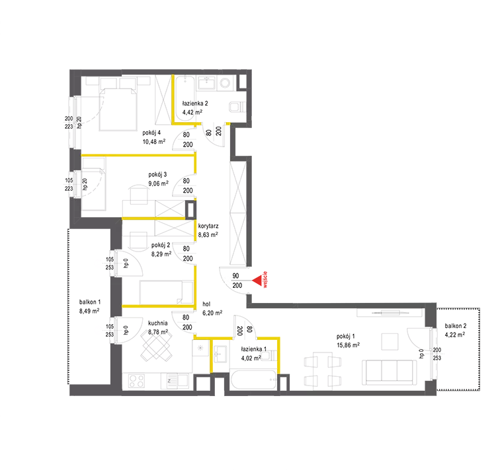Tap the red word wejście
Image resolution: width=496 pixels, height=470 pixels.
[265, 280]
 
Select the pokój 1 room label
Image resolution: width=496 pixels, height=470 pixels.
[346, 337]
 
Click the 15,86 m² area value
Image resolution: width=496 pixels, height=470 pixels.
[348, 345]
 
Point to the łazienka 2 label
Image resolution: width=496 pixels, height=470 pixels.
[195, 103]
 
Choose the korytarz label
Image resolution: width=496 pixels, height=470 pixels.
[208, 226]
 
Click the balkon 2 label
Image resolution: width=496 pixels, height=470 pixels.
[456, 325]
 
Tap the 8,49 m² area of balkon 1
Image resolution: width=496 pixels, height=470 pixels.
[89, 311]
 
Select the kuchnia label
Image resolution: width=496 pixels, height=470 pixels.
[158, 323]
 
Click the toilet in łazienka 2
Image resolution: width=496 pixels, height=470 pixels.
[237, 107]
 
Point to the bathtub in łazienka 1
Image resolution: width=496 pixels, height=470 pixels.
[253, 380]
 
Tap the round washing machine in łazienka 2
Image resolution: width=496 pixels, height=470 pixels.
[226, 83]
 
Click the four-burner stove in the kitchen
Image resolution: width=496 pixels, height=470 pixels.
[136, 381]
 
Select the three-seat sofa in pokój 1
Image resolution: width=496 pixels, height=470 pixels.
[389, 372]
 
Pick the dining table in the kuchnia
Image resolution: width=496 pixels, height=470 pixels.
[156, 347]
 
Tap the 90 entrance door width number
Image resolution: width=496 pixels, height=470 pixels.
[235, 276]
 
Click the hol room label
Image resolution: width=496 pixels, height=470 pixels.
[206, 304]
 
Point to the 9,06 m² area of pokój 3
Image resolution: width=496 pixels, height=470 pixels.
[159, 184]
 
